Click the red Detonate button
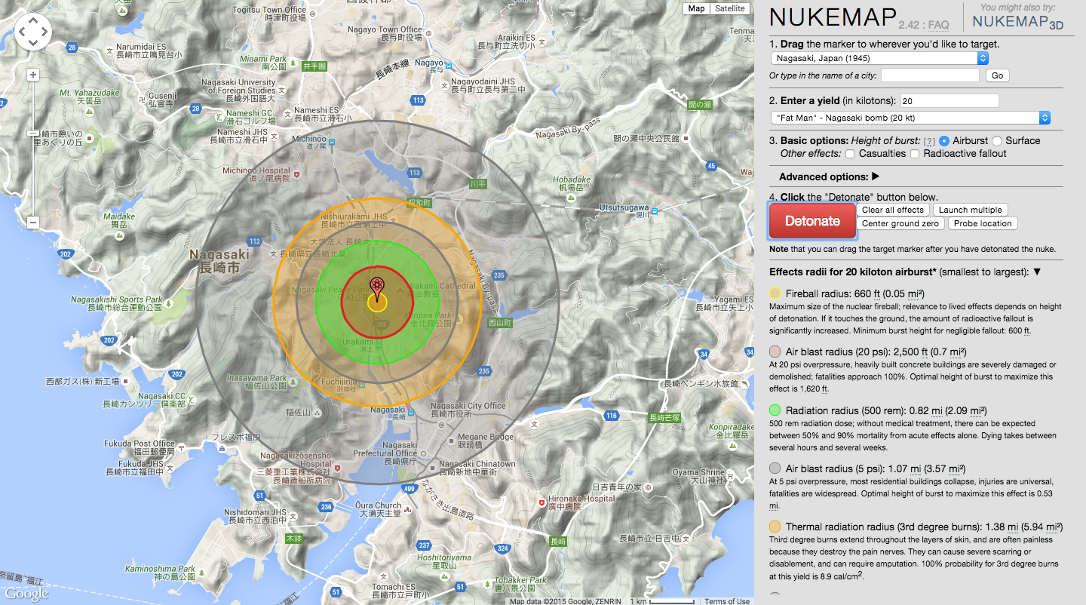(812, 221)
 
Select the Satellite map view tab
(729, 8)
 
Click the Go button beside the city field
(997, 75)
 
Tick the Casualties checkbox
(850, 154)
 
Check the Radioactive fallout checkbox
(916, 154)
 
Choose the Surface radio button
(997, 141)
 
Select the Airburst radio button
(944, 141)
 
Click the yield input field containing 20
(949, 101)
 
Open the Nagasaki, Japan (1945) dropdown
(879, 58)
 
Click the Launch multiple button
(970, 210)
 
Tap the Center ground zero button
(900, 223)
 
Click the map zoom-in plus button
(33, 75)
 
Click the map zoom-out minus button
(33, 222)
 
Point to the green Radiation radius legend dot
(775, 410)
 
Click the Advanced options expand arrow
(876, 177)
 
